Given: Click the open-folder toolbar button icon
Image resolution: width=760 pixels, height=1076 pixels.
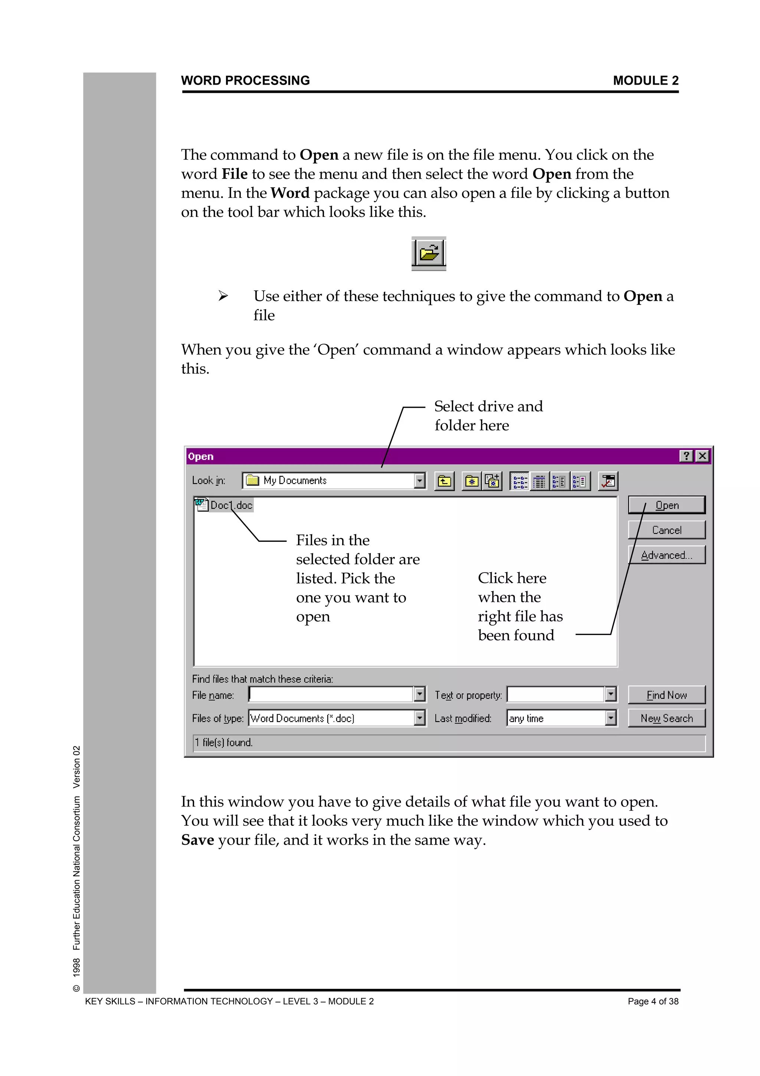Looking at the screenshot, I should coord(429,253).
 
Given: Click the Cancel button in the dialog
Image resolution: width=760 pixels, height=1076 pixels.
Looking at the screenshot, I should coord(666,530).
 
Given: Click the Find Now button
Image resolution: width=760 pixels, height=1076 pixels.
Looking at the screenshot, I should coord(666,695).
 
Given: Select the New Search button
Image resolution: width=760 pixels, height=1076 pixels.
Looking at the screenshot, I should coord(666,718).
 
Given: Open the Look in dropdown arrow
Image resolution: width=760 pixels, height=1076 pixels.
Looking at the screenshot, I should coord(420,480).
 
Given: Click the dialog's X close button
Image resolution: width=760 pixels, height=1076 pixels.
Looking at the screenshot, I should coord(702,456).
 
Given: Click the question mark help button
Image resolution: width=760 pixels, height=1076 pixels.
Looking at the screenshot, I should coord(686,456).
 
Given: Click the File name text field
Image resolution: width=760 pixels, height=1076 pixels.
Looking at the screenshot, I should coord(330,695).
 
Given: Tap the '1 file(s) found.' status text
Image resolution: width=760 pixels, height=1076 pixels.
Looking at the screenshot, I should coord(224,742).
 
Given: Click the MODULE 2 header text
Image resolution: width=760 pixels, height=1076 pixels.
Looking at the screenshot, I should coord(645,81).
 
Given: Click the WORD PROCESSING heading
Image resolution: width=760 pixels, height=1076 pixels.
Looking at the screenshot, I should coord(245,81).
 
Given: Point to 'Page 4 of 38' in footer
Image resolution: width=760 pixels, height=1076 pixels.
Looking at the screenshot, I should coord(653,1001).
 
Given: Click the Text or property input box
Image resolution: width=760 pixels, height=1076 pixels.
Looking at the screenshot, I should coord(556,695).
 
